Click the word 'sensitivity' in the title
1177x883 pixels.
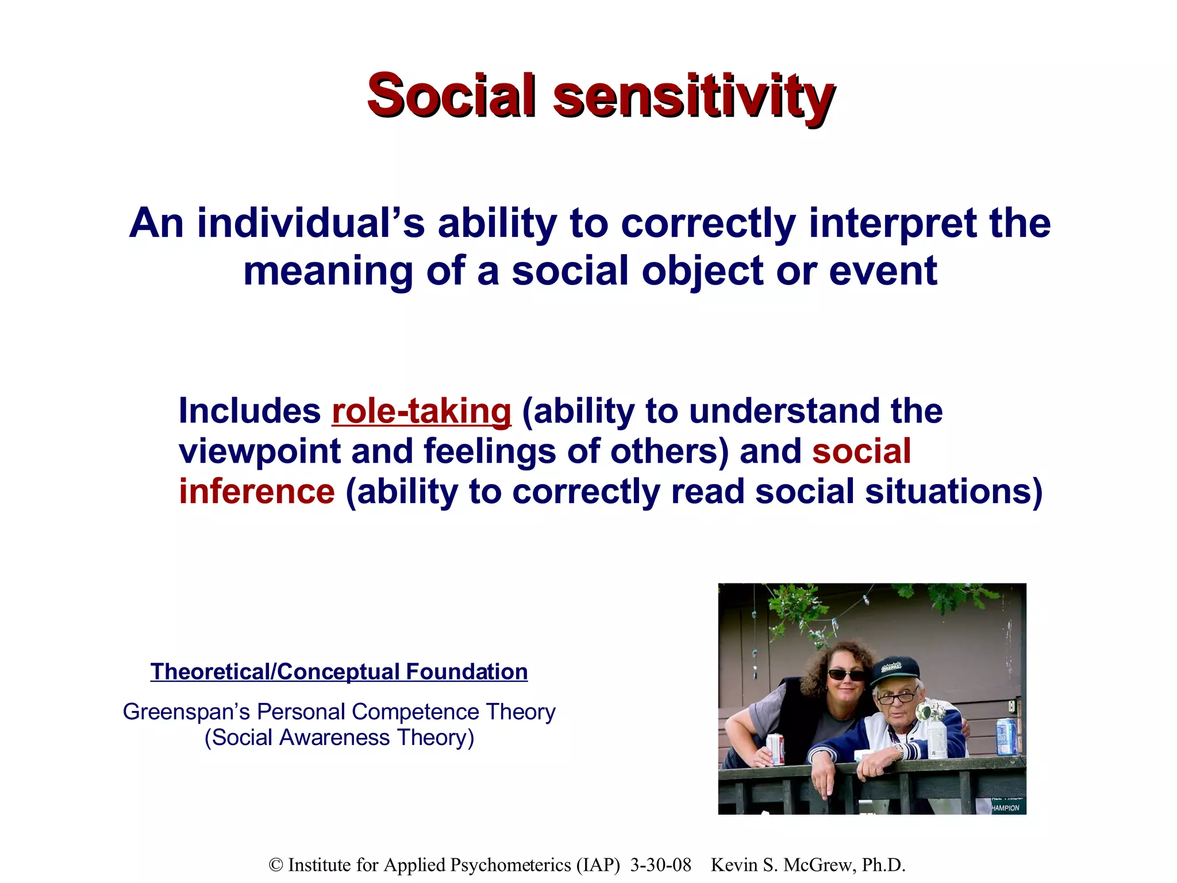693,97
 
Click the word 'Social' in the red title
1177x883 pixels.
452,95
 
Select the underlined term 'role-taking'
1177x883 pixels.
421,412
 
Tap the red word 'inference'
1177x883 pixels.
256,492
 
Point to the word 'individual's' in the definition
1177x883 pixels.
311,224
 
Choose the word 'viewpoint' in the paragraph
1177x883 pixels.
260,452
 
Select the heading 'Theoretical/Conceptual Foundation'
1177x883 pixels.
339,672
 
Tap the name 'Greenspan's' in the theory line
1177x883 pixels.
186,712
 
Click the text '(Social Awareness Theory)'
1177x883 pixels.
339,738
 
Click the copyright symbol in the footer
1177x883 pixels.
276,865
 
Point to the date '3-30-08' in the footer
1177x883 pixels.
660,865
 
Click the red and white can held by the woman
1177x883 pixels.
775,749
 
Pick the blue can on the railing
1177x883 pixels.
1006,736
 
